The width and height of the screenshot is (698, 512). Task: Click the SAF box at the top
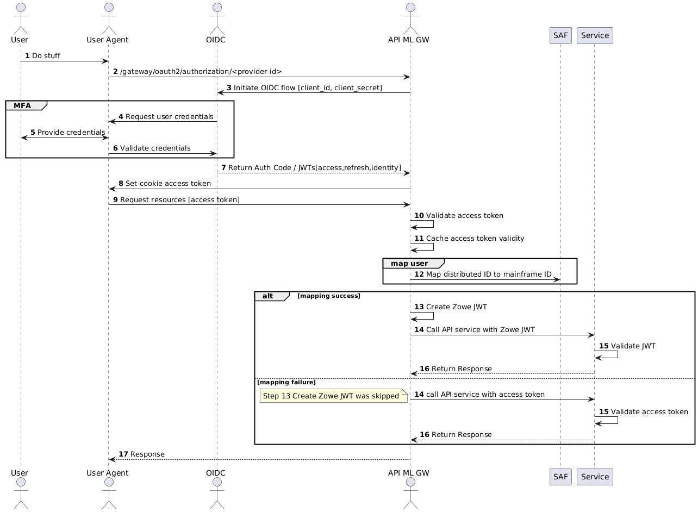(560, 35)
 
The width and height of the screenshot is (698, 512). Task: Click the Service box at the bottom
(595, 477)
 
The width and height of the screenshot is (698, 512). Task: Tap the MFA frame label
(22, 105)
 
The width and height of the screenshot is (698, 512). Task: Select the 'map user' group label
(409, 263)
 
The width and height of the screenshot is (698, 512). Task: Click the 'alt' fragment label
(268, 296)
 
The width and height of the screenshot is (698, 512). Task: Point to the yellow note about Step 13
(333, 396)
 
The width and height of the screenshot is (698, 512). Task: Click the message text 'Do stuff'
(46, 55)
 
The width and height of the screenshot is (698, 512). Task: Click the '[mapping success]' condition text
(329, 296)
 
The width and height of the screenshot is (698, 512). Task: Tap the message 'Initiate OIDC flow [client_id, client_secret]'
(308, 88)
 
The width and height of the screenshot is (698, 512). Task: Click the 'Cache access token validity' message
(475, 238)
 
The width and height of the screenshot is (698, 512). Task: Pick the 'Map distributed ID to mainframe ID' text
(489, 274)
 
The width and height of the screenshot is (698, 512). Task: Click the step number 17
(123, 454)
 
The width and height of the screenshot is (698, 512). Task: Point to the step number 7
(223, 167)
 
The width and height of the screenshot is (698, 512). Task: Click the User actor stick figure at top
(21, 16)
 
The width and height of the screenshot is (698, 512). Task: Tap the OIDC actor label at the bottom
(216, 472)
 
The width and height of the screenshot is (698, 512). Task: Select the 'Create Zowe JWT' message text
(457, 307)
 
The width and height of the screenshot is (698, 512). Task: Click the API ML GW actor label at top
(409, 39)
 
